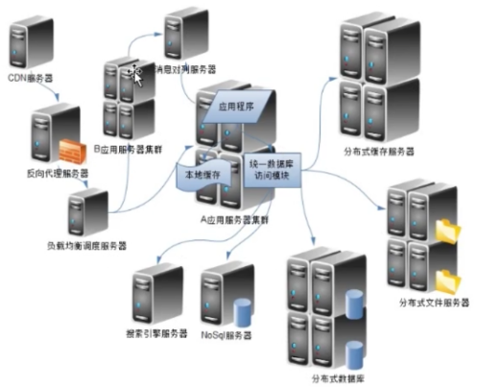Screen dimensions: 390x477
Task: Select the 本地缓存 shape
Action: point(203,176)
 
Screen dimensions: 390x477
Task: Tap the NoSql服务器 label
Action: point(227,334)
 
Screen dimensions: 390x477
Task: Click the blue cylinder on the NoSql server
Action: point(242,312)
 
